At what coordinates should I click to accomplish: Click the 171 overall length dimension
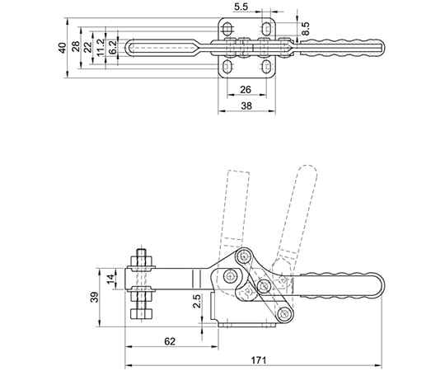point(259,360)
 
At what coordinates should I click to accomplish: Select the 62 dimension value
point(170,341)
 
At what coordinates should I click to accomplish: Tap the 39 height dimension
point(95,297)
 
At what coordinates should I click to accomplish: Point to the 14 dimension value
point(111,278)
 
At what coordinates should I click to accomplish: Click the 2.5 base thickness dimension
point(197,302)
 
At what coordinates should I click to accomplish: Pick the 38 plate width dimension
point(246,106)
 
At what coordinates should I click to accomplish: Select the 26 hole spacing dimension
point(246,90)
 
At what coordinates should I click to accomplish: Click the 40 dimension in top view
point(62,48)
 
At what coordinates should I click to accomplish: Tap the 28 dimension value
point(76,47)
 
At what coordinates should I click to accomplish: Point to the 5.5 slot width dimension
point(241,7)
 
